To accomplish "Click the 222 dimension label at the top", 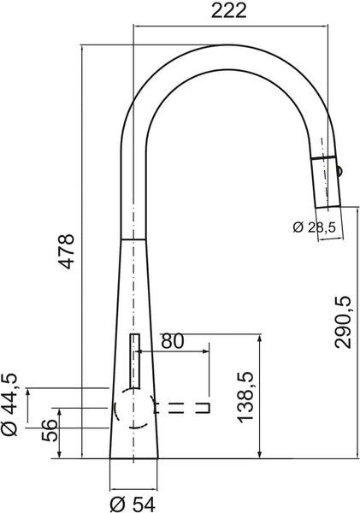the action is (228, 10).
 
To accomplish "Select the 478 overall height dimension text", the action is (67, 251).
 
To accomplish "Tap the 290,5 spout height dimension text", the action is (343, 322).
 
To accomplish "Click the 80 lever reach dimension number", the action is (173, 341).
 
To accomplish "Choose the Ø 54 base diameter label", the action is (133, 504).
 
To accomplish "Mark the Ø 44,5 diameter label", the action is (9, 404).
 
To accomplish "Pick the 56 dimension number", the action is (50, 429).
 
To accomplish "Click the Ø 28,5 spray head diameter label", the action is (314, 227).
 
